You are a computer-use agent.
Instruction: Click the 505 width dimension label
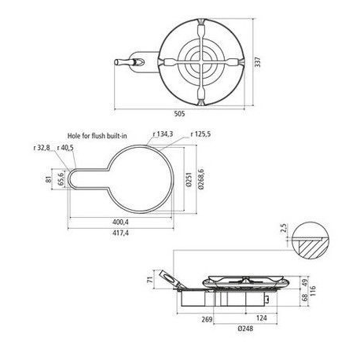[179, 113]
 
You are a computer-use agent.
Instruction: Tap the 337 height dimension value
[258, 62]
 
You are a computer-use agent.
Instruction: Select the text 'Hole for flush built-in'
[97, 136]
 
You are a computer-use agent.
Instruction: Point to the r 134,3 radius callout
[163, 134]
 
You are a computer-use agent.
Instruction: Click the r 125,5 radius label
[200, 134]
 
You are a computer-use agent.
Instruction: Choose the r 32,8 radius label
[42, 148]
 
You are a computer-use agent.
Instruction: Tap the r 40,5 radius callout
[65, 148]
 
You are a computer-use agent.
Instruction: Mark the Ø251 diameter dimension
[189, 179]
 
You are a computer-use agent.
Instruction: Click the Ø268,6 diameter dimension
[201, 179]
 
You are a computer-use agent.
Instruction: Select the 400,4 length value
[120, 222]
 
